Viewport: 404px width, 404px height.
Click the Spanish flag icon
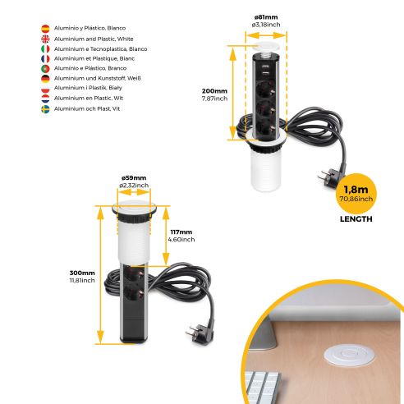(45, 28)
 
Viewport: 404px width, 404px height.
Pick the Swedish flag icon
(45, 109)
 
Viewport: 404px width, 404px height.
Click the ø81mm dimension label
(264, 15)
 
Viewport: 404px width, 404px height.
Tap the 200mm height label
(213, 90)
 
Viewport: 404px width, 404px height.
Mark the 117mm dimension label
(181, 232)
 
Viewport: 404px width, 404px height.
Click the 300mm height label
(81, 273)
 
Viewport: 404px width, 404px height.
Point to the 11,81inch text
(82, 281)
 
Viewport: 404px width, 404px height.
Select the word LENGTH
(355, 219)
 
